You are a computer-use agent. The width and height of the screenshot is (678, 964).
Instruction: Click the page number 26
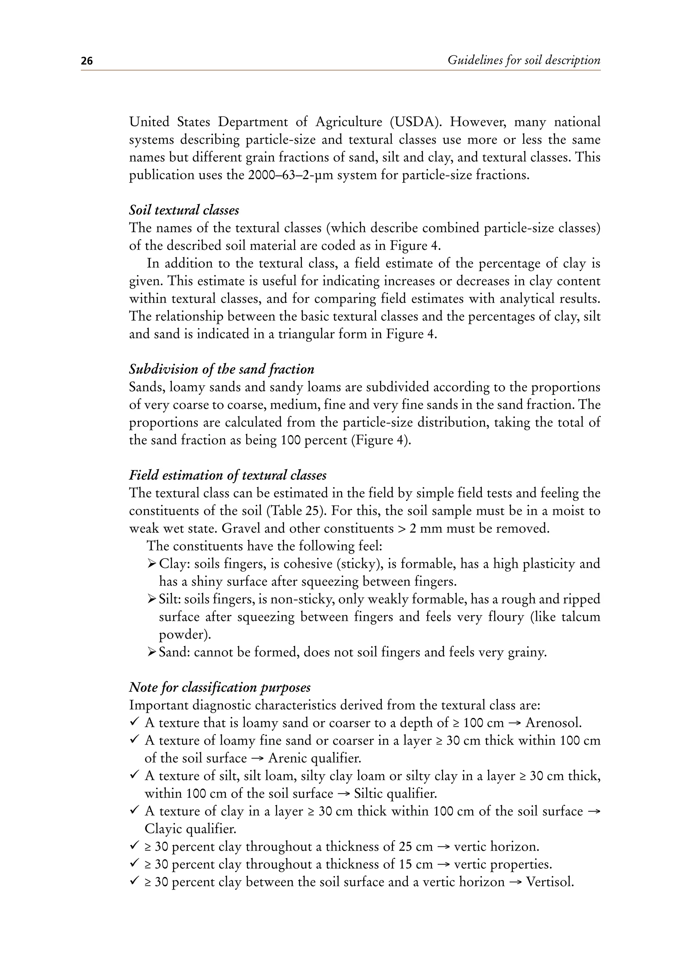[x=87, y=61]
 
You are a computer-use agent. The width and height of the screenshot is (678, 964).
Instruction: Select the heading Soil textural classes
[x=184, y=210]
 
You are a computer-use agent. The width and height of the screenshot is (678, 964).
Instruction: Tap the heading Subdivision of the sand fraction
[x=221, y=369]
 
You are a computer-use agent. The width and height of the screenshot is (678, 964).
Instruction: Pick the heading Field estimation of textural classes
[x=227, y=475]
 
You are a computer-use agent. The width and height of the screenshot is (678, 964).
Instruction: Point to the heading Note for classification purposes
[x=219, y=687]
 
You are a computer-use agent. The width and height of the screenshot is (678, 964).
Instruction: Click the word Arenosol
[x=554, y=723]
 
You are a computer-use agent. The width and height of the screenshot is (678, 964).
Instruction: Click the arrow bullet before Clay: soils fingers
[x=152, y=564]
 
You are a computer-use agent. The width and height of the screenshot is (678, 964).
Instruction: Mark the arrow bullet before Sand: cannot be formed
[x=152, y=652]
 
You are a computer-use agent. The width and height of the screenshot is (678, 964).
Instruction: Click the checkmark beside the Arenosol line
[x=134, y=722]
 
